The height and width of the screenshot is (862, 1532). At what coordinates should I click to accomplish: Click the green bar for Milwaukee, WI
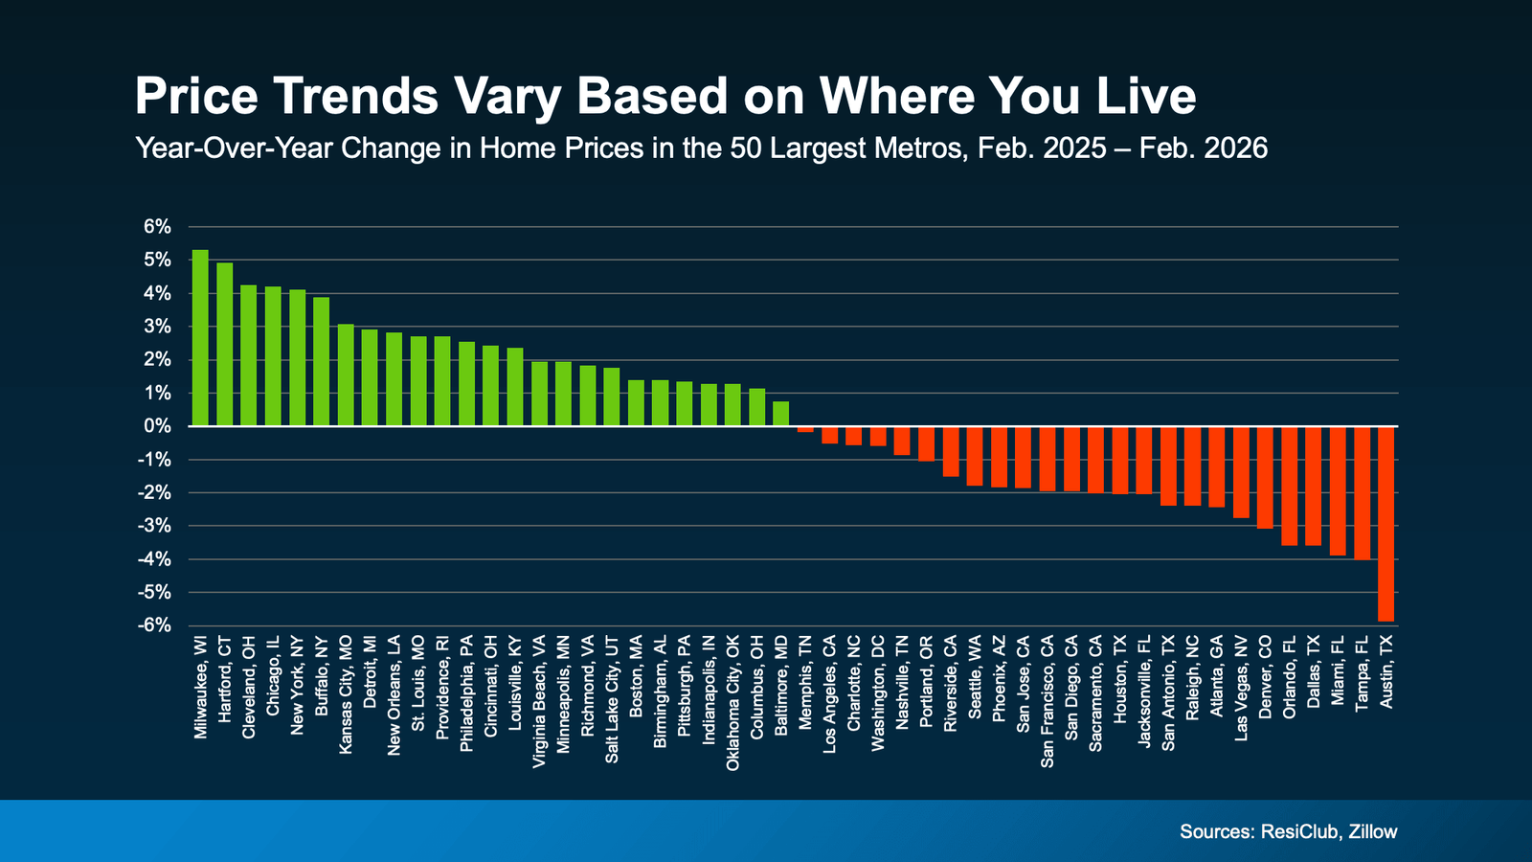[200, 338]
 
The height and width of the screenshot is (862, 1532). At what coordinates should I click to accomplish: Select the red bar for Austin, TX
[1386, 524]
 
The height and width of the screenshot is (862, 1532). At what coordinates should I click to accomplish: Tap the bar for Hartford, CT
[225, 345]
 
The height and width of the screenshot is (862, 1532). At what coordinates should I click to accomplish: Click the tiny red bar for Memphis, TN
[805, 429]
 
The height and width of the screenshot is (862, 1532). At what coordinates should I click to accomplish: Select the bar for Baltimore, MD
[781, 414]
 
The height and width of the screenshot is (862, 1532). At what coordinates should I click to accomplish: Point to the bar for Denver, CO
[1265, 477]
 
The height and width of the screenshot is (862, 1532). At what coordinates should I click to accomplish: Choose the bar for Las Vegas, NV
[1241, 472]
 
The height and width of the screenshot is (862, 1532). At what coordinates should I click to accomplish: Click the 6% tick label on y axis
[157, 227]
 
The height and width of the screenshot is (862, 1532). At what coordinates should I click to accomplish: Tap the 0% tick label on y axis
[157, 426]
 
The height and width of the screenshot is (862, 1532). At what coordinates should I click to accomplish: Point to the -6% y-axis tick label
[155, 625]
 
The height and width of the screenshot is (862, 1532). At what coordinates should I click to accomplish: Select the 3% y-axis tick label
[157, 327]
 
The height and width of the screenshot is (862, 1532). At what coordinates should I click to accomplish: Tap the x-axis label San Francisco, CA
[1048, 700]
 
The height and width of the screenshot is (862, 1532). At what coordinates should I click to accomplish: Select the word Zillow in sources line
[1372, 831]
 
